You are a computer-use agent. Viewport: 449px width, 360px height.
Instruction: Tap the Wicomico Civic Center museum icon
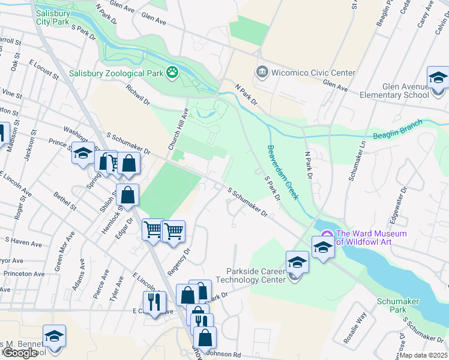tap(262, 73)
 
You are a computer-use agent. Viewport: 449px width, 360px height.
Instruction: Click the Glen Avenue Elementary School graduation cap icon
tap(438, 80)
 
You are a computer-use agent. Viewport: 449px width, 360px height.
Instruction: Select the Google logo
tap(20, 352)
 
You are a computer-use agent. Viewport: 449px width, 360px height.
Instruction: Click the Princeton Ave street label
tap(22, 274)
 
